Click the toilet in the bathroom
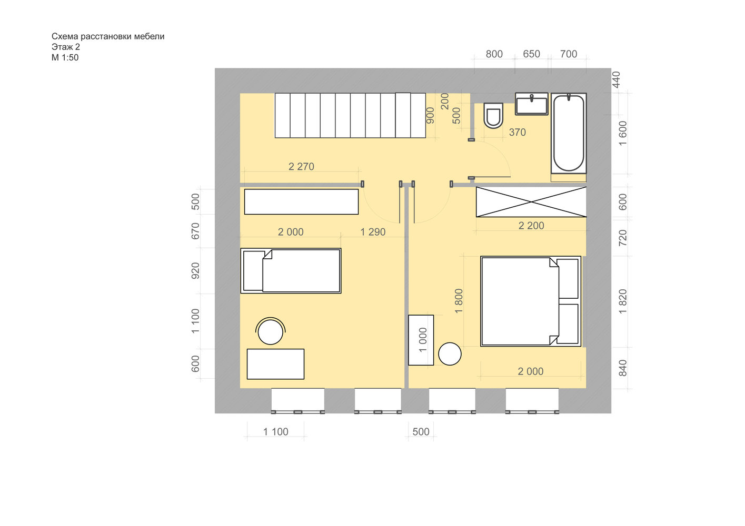pyautogui.click(x=493, y=116)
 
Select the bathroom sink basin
pyautogui.click(x=531, y=104)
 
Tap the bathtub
pyautogui.click(x=569, y=133)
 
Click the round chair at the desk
pyautogui.click(x=271, y=331)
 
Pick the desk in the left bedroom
pyautogui.click(x=275, y=364)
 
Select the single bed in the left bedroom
pyautogui.click(x=291, y=271)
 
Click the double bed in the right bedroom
pyautogui.click(x=531, y=301)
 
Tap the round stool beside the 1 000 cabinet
pyautogui.click(x=450, y=354)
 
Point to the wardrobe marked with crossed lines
pyautogui.click(x=531, y=201)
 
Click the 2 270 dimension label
pyautogui.click(x=301, y=166)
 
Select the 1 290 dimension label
pyautogui.click(x=373, y=231)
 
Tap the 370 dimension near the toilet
pyautogui.click(x=517, y=132)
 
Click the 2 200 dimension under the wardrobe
pyautogui.click(x=531, y=226)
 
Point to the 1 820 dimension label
pyautogui.click(x=623, y=301)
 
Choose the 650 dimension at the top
pyautogui.click(x=531, y=54)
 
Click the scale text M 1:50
pyautogui.click(x=65, y=57)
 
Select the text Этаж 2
pyautogui.click(x=65, y=47)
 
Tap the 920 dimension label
pyautogui.click(x=195, y=270)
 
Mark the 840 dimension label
pyautogui.click(x=623, y=368)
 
